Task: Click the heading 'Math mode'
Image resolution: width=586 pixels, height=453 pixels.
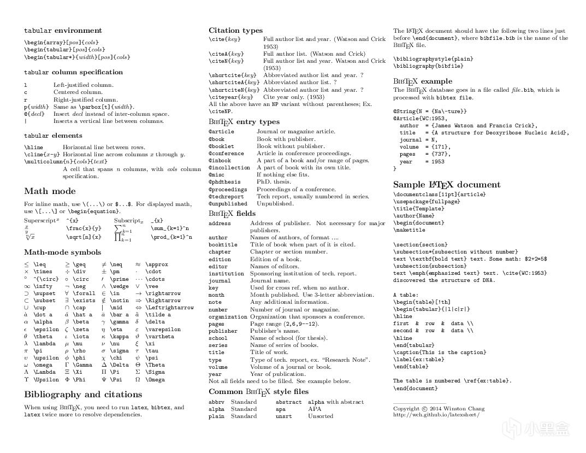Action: (x=50, y=191)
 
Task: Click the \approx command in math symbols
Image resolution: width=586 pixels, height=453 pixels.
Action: (x=158, y=264)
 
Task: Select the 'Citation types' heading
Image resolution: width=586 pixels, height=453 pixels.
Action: (x=235, y=31)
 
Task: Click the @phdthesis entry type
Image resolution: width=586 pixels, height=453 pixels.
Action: (x=224, y=182)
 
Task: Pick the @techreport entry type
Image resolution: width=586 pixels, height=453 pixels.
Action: (x=226, y=196)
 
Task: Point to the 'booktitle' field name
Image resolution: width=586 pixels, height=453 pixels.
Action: (x=223, y=245)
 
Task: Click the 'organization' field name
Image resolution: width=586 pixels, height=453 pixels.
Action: (x=228, y=317)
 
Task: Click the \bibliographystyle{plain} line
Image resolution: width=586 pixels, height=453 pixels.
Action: (x=433, y=59)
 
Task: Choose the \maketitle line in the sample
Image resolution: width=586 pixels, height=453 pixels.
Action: (x=409, y=230)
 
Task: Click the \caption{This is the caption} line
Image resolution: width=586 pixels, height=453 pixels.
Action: (x=440, y=352)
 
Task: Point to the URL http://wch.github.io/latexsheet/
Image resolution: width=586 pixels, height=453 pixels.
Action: (x=436, y=415)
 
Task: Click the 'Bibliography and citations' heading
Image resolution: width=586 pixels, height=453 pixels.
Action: (x=83, y=395)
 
